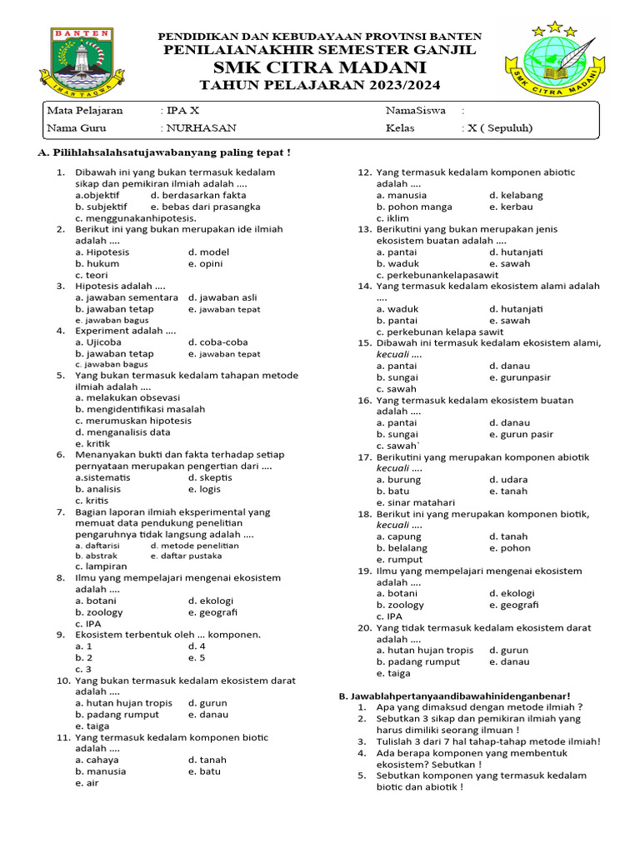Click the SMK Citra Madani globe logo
(x=553, y=61)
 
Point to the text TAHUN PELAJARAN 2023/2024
(x=320, y=86)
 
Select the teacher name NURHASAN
(x=201, y=128)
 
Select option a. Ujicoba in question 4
(x=98, y=342)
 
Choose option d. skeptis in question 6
(x=210, y=478)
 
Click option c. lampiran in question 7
(x=101, y=566)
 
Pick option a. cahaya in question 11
(x=97, y=760)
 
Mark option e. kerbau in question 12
(x=510, y=207)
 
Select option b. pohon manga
(x=414, y=207)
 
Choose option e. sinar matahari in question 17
(x=416, y=502)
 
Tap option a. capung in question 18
(x=398, y=536)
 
